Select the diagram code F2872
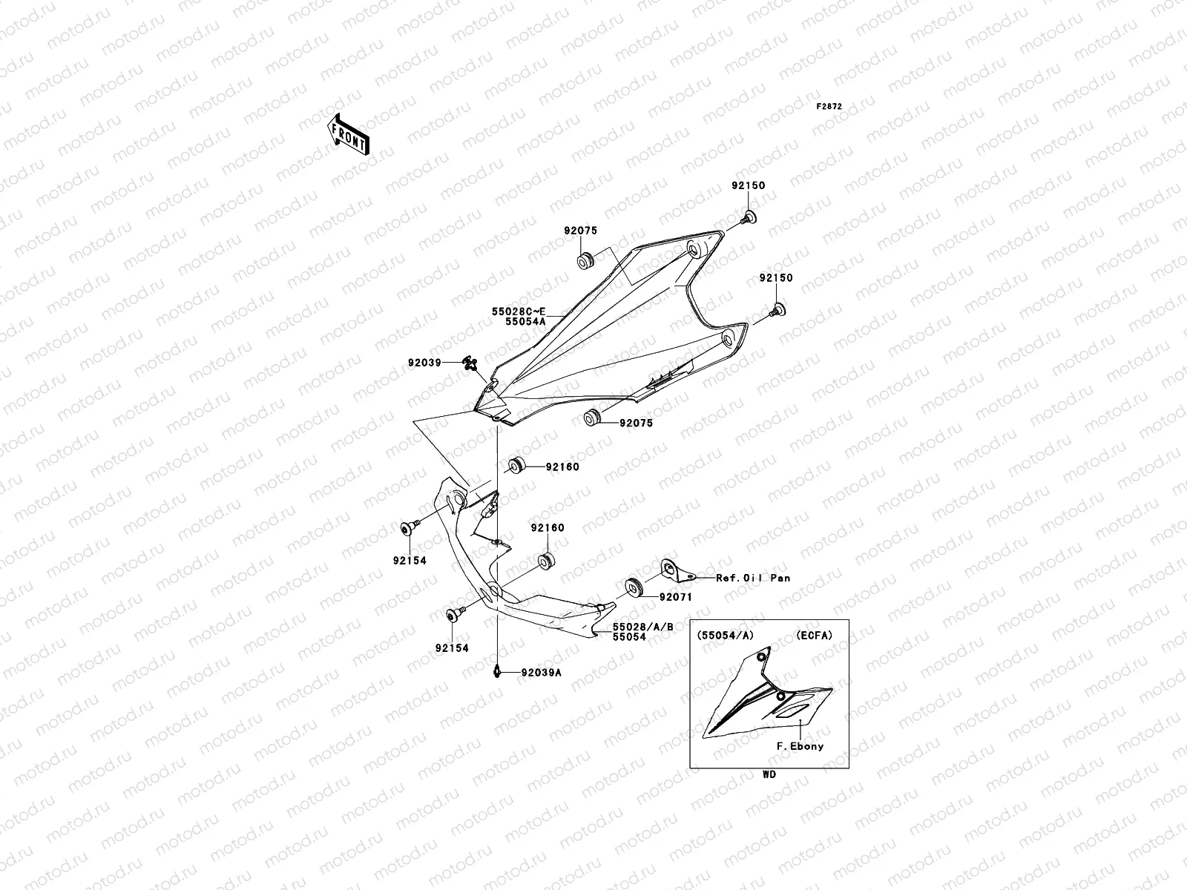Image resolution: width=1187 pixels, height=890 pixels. pos(829,107)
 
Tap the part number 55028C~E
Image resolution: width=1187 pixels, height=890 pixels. pos(519,312)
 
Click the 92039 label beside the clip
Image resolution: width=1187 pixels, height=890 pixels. pos(424,363)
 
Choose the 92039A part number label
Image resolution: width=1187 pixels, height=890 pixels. pos(541,673)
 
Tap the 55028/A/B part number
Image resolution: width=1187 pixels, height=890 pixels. pos(643,627)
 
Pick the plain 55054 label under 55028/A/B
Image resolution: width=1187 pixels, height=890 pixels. pos(629,637)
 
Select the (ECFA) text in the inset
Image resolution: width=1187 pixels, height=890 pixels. pos(815,635)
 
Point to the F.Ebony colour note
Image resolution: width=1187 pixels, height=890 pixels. pos(800,746)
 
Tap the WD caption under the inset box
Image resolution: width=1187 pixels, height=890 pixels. pos(769,774)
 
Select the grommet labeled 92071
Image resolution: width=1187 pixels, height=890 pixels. pos(634,585)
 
